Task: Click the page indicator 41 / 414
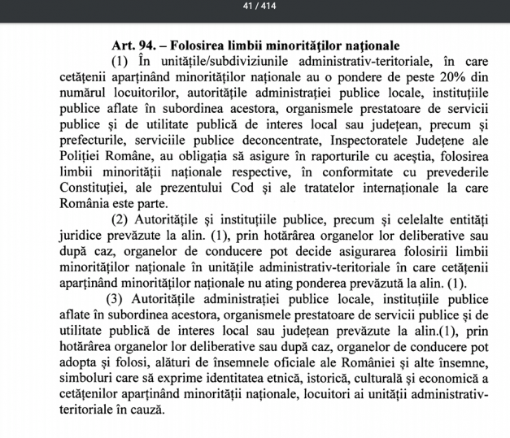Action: pos(255,8)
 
